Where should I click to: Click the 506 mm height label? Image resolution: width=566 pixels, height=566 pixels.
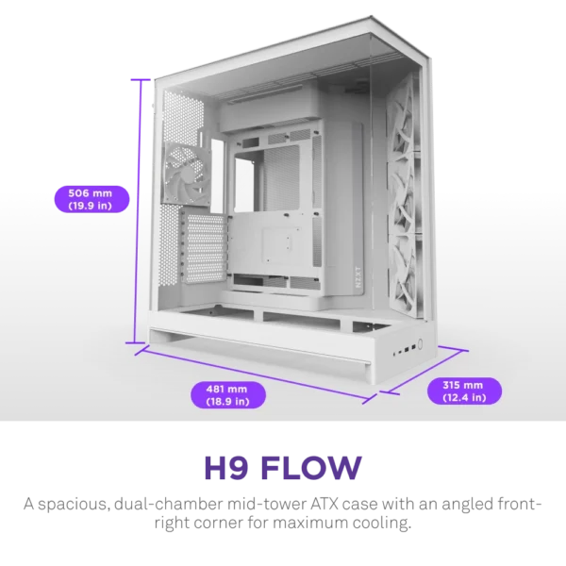click(92, 199)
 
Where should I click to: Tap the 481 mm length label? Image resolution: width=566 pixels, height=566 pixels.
click(227, 395)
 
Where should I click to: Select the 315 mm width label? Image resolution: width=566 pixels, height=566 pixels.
click(464, 391)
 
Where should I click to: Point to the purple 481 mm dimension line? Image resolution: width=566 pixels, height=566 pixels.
click(256, 375)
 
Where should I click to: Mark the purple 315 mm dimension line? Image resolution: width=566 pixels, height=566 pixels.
click(426, 370)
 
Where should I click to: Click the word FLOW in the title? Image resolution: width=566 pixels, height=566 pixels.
click(311, 468)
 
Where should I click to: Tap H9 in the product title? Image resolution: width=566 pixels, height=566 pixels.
click(226, 468)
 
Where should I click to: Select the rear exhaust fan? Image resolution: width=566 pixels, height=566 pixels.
click(184, 175)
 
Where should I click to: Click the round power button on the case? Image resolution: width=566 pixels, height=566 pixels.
click(420, 343)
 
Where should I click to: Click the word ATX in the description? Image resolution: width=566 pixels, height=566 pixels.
click(325, 504)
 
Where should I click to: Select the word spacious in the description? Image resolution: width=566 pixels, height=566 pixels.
click(74, 505)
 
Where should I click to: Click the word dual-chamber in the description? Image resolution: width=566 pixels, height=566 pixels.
click(169, 503)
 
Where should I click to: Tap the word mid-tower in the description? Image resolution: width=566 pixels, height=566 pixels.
click(266, 503)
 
